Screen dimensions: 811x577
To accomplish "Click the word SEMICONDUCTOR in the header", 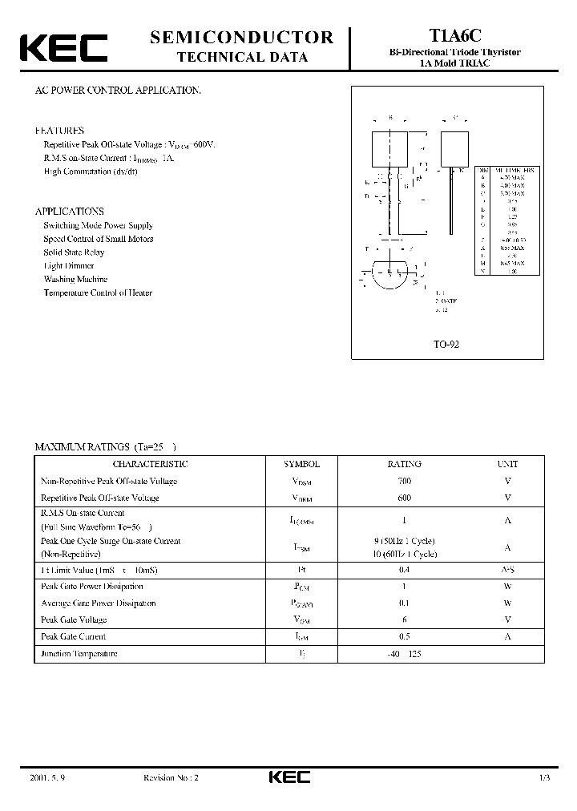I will (242, 37).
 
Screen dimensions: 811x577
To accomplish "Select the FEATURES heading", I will (59, 130).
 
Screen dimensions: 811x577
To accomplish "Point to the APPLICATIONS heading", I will (70, 212).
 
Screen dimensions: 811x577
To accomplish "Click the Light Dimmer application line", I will (69, 265).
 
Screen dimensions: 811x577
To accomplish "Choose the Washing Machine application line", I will (76, 279).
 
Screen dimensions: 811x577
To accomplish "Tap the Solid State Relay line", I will (74, 252).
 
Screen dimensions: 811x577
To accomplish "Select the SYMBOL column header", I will (301, 464).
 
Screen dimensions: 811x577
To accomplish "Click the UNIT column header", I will (507, 464).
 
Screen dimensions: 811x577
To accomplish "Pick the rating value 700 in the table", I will (404, 481).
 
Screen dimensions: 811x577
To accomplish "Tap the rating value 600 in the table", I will (404, 498).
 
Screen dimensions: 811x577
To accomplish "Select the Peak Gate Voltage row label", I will (74, 619).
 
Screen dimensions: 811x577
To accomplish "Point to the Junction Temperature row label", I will (79, 654).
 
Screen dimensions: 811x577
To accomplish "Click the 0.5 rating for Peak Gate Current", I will (404, 636).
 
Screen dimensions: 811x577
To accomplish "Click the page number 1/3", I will (545, 777).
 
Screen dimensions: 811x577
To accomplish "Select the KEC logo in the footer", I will (288, 777).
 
